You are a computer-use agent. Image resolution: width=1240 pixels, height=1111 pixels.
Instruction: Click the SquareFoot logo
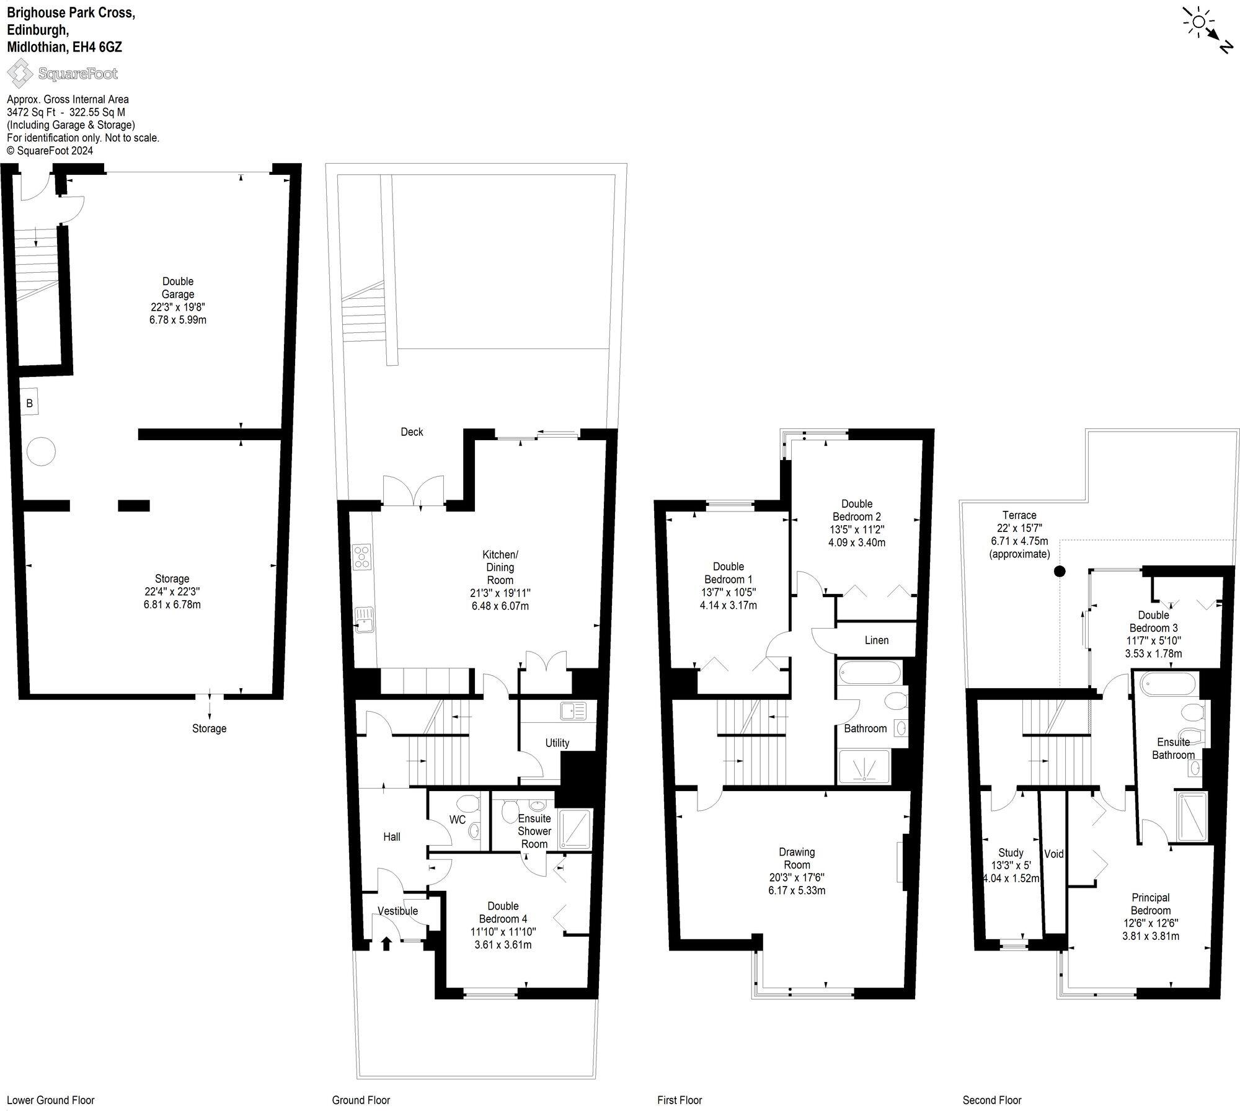[62, 74]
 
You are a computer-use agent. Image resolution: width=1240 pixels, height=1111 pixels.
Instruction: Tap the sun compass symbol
[1198, 23]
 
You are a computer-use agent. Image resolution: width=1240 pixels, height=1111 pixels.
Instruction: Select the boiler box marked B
[29, 404]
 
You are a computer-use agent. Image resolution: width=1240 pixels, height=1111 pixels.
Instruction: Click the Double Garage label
[178, 288]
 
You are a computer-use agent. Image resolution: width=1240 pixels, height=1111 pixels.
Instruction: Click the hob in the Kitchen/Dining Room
[362, 556]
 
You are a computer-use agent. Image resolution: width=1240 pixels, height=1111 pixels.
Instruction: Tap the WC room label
[458, 820]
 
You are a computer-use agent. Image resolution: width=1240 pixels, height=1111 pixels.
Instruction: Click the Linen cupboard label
[876, 640]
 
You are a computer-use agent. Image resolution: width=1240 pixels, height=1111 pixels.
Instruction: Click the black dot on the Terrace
[1060, 571]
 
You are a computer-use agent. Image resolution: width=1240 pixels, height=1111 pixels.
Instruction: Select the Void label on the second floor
[1053, 854]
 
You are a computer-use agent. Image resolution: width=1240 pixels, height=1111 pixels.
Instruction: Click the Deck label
[412, 432]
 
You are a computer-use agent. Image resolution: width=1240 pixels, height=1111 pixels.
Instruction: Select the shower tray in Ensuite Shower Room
[574, 828]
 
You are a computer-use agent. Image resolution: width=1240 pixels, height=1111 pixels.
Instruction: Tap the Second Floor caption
[991, 1100]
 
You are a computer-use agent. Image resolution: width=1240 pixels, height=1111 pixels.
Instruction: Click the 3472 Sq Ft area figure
[30, 112]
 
